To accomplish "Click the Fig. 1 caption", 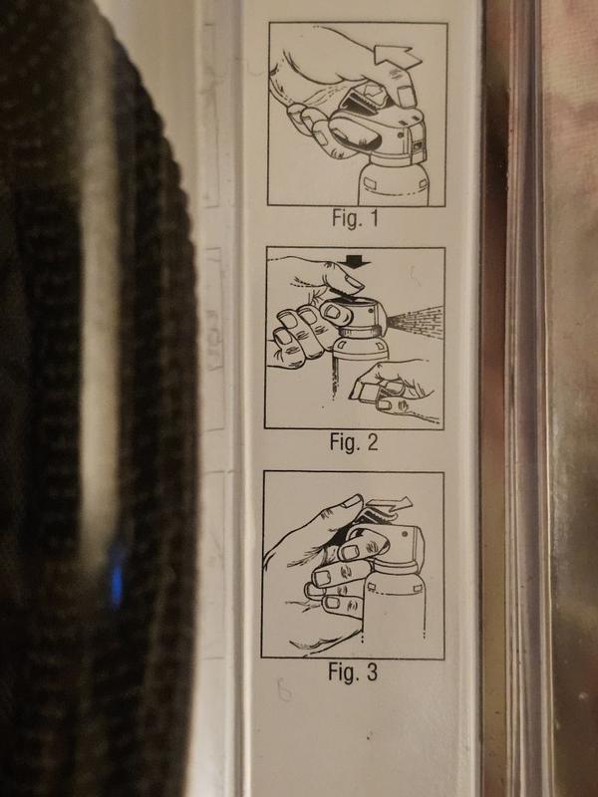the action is [356, 218].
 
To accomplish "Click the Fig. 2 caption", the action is [354, 441].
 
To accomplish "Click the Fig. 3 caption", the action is [353, 671].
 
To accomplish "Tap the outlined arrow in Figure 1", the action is [397, 56].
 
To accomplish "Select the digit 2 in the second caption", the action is [372, 441].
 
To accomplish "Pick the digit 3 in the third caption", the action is [371, 671].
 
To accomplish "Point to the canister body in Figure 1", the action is [393, 185].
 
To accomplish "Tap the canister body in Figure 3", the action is [393, 610].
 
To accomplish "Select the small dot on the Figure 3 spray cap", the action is [405, 534].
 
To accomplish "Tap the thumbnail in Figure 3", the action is [352, 502].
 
